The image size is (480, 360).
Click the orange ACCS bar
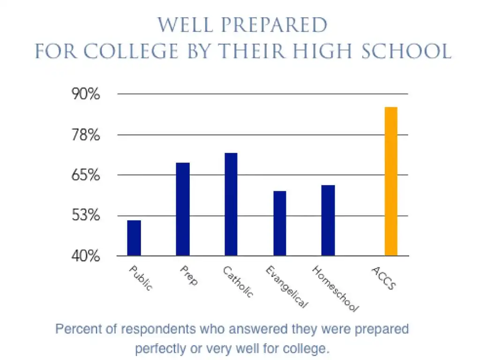click(391, 181)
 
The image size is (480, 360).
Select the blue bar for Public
click(134, 238)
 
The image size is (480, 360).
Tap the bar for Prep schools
click(183, 209)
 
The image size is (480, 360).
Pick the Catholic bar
click(231, 204)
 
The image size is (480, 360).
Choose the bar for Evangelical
click(280, 223)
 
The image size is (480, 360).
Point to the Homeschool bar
click(328, 220)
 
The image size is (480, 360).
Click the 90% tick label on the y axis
click(86, 94)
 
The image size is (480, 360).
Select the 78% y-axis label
click(86, 135)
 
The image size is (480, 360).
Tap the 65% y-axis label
click(86, 175)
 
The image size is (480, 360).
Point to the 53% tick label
click(86, 216)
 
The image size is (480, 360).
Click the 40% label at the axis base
click(86, 256)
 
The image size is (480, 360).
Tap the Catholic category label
click(238, 282)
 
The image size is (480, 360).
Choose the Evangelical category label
click(286, 287)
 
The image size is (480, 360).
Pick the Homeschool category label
click(335, 289)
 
